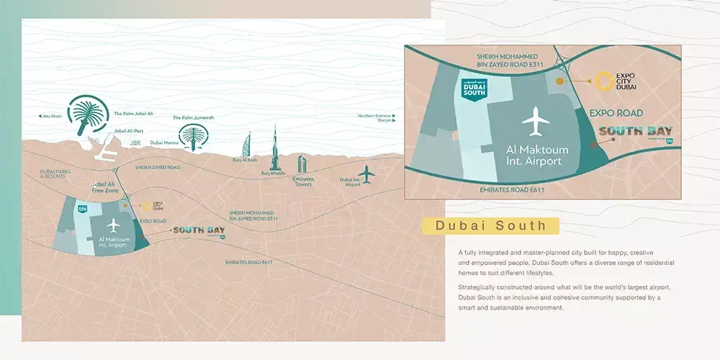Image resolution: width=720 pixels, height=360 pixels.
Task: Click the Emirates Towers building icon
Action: [x=303, y=164]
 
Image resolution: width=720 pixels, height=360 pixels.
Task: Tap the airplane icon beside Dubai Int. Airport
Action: [x=367, y=174]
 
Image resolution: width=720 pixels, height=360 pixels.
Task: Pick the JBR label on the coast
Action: [x=135, y=143]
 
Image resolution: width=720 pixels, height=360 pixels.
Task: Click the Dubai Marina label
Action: [x=164, y=143]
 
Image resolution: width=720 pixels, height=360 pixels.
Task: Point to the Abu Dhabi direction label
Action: [x=50, y=116]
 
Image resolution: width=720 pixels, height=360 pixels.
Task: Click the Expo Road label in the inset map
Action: [x=616, y=113]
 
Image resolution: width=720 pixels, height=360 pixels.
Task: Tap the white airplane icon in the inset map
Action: [x=534, y=121]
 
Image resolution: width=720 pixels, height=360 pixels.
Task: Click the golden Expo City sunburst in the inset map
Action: [x=601, y=81]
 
